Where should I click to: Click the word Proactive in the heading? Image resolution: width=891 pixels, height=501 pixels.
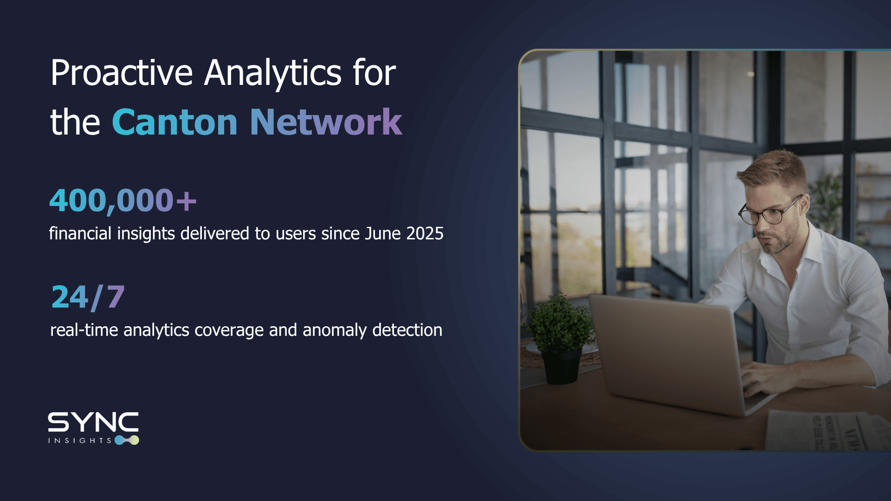(x=121, y=73)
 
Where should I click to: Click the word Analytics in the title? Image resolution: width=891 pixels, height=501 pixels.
(x=273, y=73)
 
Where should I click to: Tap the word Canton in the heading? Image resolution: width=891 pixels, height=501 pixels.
(x=174, y=122)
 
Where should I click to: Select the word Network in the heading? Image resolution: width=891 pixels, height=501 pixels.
(x=326, y=122)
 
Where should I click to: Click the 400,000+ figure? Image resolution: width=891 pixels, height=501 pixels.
(x=123, y=201)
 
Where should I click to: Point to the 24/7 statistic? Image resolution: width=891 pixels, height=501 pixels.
(x=88, y=297)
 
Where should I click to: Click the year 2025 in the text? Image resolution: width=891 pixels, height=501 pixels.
(x=425, y=233)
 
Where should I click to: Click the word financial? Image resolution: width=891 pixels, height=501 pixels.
(x=80, y=233)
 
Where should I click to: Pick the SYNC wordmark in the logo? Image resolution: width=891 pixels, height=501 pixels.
(x=93, y=422)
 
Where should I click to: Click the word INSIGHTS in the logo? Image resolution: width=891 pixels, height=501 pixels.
(x=79, y=441)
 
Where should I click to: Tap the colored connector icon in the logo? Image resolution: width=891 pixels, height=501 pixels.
(x=127, y=440)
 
